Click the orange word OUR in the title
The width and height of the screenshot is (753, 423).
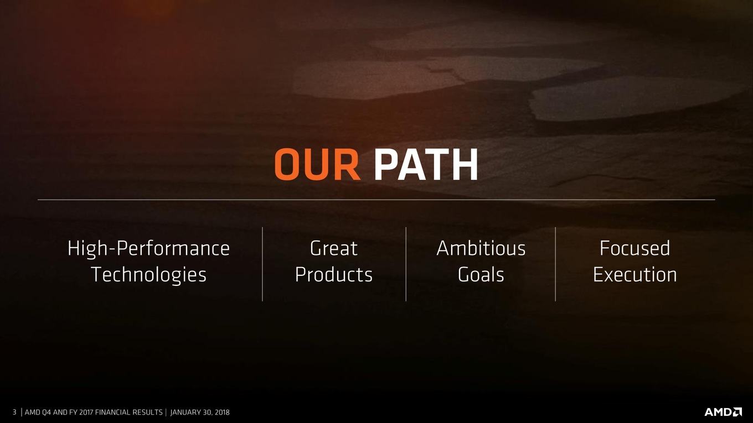tap(317, 165)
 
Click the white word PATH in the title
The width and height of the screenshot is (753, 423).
tap(426, 165)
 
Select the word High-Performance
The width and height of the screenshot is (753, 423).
tap(148, 249)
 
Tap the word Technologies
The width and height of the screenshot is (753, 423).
tap(148, 275)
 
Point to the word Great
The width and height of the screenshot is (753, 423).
tap(333, 248)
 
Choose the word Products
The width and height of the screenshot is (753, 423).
tap(333, 275)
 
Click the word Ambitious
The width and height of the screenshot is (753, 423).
tap(481, 248)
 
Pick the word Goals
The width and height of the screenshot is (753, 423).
tap(481, 275)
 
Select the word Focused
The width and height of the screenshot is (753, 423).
tap(635, 248)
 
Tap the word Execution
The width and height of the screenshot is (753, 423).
tap(635, 275)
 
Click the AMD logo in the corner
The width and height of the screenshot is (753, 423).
tap(723, 412)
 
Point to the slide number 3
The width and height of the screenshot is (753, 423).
tap(14, 412)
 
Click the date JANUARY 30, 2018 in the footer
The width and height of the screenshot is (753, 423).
tap(200, 412)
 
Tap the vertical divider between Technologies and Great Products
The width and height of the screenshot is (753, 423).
tap(262, 264)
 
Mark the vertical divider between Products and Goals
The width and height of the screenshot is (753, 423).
tap(406, 264)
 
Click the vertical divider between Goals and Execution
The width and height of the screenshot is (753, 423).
tap(555, 264)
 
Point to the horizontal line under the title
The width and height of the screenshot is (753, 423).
tap(376, 200)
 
